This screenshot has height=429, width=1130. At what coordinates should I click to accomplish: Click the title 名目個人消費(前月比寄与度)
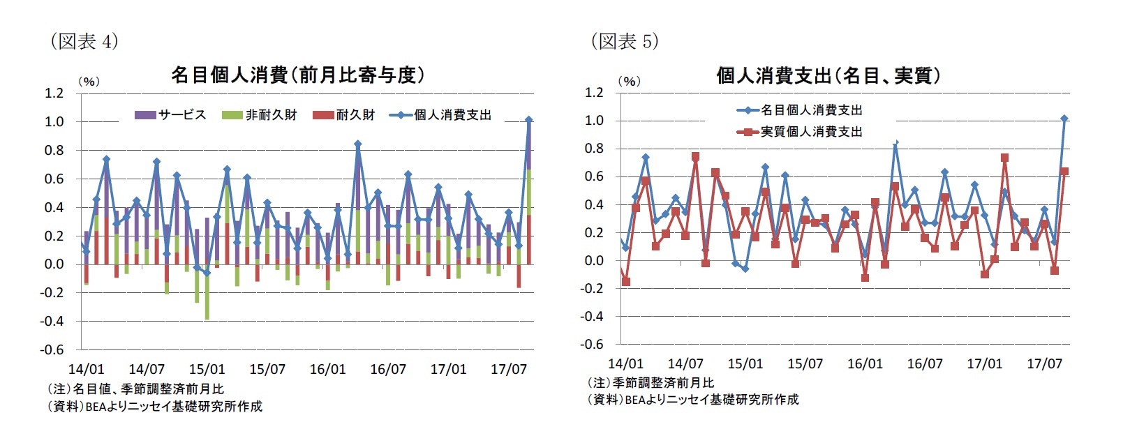pos(298,75)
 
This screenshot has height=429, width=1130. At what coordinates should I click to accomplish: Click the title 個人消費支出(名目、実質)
pos(828,75)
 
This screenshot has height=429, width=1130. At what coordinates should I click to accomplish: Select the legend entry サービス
pos(181,115)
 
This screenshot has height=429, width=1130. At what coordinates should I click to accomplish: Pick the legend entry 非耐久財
pos(271,115)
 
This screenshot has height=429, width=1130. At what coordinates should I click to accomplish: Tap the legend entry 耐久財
pos(355,115)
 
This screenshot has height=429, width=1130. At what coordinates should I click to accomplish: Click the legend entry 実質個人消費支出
pos(811,132)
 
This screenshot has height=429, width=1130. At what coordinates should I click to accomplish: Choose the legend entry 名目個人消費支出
pos(811,110)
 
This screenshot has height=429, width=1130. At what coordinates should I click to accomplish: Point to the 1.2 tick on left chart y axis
pos(54,93)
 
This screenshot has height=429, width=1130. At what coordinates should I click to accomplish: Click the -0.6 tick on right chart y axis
pos(593,344)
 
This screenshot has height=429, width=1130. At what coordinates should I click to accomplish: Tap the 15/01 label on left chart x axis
pos(207,369)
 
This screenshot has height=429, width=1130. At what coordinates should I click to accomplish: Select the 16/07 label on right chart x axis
pos(925,363)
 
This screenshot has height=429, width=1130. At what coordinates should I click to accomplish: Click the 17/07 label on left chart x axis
pos(508,369)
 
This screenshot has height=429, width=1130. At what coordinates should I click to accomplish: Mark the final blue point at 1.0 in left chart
pos(528,120)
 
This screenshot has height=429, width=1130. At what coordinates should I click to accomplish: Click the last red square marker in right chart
pos(1064,172)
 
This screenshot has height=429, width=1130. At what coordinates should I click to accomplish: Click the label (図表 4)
pos(84,41)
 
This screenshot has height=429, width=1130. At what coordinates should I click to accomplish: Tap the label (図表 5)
pos(624,41)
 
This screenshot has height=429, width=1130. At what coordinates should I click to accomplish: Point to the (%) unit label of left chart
pos(89,82)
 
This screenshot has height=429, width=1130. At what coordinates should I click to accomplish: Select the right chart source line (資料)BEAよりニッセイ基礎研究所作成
pos(692,399)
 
